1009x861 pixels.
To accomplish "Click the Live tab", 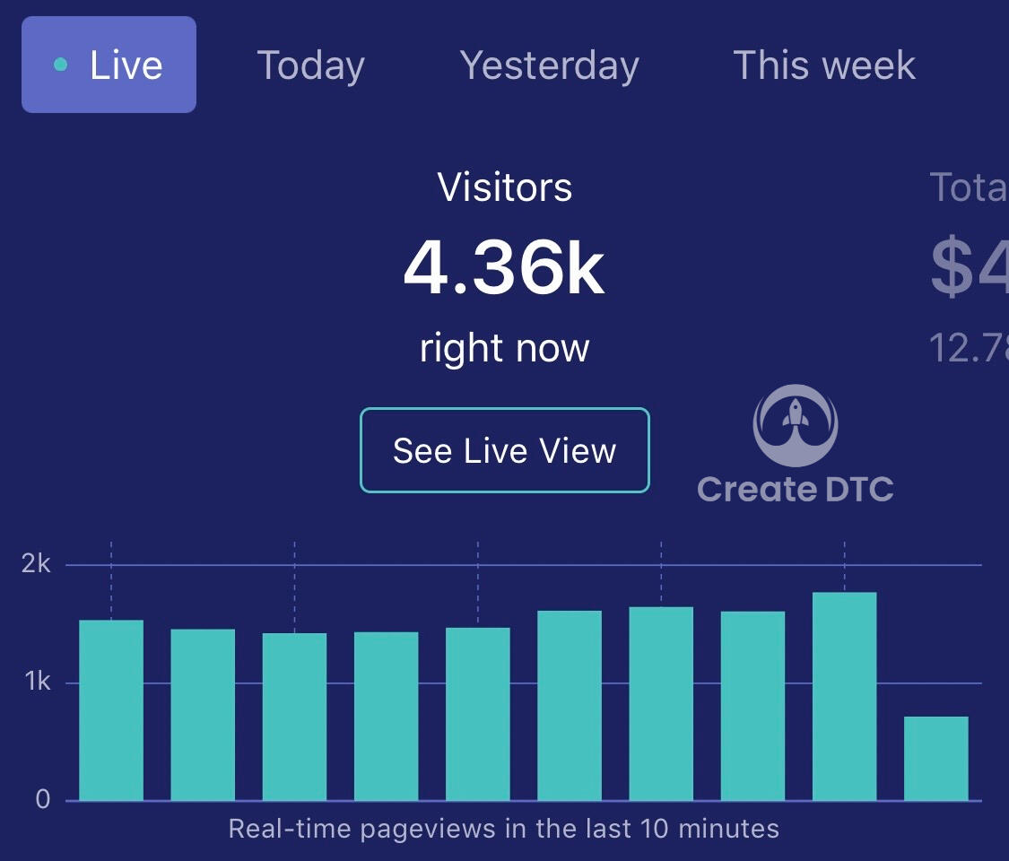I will point(109,65).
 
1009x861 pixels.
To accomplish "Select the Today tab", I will point(310,65).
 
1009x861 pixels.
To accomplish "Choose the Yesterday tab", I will point(549,65).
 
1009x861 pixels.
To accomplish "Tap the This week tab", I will point(823,65).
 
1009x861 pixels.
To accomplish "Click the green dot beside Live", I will point(60,65).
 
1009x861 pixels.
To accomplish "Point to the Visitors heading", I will point(504,187).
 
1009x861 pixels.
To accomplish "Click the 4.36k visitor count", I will point(504,268).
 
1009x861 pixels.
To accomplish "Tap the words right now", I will point(504,347).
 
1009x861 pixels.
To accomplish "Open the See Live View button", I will point(504,450).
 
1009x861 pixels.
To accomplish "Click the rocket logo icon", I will point(795,426).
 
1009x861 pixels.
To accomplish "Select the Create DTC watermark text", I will point(795,490).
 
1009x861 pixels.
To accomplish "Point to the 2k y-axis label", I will point(37,564).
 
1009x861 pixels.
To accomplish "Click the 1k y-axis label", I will point(37,683).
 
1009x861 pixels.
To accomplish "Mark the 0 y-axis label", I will point(42,800).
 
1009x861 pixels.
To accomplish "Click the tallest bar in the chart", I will point(844,696).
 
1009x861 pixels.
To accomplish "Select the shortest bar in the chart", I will point(935,758).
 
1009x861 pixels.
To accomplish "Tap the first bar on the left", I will point(111,709).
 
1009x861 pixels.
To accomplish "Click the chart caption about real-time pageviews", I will point(504,828).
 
